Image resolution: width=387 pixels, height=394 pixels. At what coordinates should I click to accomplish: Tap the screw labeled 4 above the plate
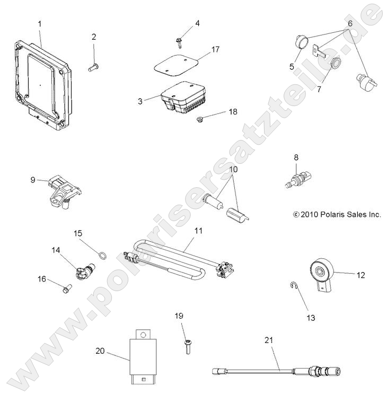click(179, 39)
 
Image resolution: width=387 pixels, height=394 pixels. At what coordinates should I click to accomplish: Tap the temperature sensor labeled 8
click(296, 179)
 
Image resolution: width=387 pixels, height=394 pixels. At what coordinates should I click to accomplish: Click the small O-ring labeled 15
click(101, 257)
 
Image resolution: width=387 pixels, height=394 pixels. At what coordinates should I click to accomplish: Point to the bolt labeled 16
click(66, 290)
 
